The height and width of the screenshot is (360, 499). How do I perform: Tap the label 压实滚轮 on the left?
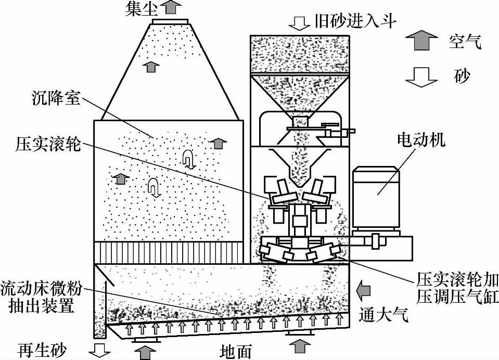[48, 144]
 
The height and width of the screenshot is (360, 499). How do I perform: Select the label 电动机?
[421, 140]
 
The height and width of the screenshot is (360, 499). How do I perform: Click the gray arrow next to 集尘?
[170, 7]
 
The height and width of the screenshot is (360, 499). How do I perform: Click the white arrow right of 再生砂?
[99, 349]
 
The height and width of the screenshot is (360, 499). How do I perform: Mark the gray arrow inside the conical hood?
[151, 66]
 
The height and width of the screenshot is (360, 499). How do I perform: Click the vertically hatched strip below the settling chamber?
[168, 252]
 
